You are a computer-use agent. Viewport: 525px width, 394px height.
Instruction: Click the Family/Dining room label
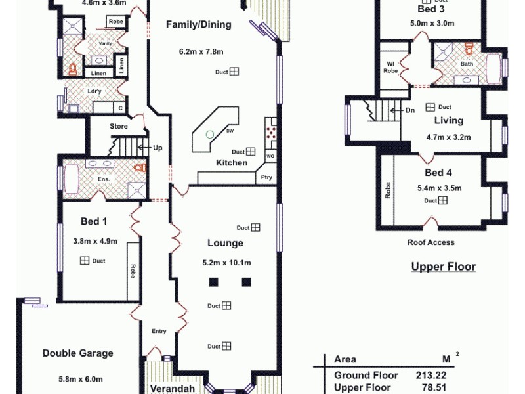198,25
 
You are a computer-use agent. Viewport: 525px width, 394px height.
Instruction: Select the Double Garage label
77,353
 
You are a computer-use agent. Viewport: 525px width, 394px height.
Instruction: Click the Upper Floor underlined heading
443,267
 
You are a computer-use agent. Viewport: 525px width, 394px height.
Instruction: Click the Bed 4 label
438,173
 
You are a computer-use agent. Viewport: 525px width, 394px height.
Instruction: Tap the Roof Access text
430,242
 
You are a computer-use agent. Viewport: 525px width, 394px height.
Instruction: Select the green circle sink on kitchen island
209,134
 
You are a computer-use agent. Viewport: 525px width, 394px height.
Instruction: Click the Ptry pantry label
266,177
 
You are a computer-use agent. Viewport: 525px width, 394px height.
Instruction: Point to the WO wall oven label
270,156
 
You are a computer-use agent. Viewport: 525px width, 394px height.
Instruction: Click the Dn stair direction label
409,110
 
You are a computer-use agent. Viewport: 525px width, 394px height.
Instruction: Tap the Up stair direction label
157,148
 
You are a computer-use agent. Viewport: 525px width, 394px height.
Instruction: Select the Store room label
118,126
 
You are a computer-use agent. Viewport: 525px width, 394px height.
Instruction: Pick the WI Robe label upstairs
390,66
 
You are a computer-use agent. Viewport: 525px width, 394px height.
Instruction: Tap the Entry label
159,331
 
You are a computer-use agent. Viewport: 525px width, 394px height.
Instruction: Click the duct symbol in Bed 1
85,261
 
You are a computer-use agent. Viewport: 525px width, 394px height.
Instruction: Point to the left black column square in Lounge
213,282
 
